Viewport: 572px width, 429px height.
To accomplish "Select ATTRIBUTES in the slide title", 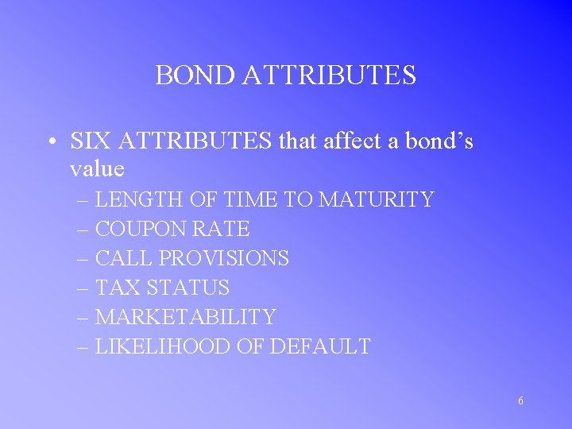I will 329,75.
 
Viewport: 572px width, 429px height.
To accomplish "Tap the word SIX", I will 89,141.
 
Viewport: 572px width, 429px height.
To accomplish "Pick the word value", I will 97,169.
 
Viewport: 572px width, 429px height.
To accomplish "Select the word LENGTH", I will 134,199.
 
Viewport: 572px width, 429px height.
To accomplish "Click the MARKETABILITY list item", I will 185,317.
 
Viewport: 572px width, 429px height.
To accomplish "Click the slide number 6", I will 520,401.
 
